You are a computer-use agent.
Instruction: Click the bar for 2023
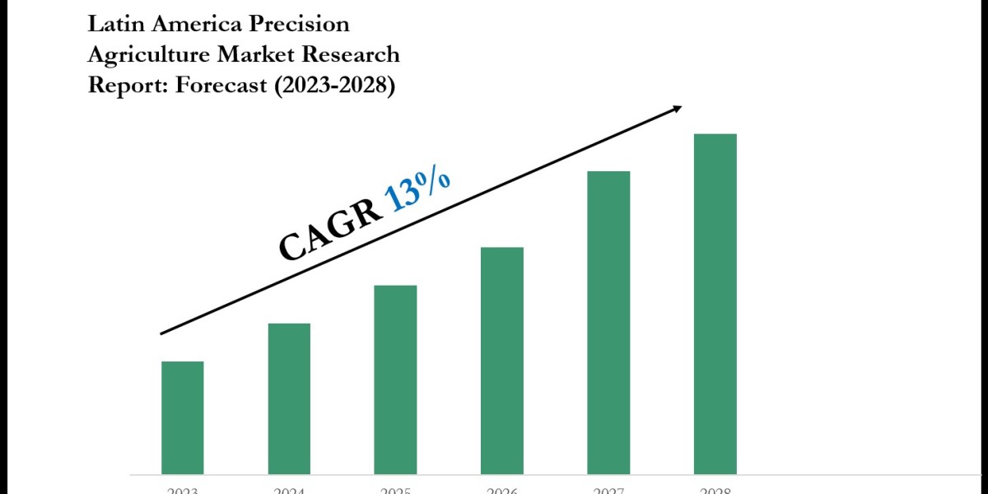tap(182, 417)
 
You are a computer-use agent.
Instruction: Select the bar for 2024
tap(289, 398)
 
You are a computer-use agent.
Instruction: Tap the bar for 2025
tap(395, 380)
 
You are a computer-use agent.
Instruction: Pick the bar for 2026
tap(502, 361)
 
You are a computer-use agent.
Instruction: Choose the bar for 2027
tap(608, 323)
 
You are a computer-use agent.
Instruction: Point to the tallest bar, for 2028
tap(715, 304)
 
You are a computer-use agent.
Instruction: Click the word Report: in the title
tap(124, 85)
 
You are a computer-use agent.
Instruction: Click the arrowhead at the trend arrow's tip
tap(678, 107)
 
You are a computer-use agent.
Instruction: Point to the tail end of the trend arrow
tap(162, 333)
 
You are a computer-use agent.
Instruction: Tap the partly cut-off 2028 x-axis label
tap(715, 491)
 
